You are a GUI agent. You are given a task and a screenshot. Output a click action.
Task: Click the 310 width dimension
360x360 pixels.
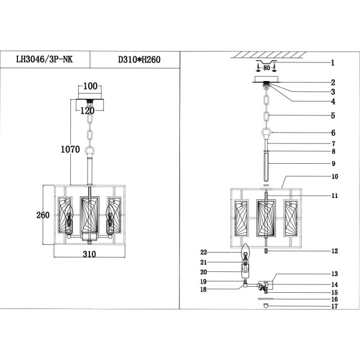[89, 254]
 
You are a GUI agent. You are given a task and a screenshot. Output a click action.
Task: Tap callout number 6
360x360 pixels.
[332, 133]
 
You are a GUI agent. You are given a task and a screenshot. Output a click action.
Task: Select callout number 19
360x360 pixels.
[205, 281]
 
